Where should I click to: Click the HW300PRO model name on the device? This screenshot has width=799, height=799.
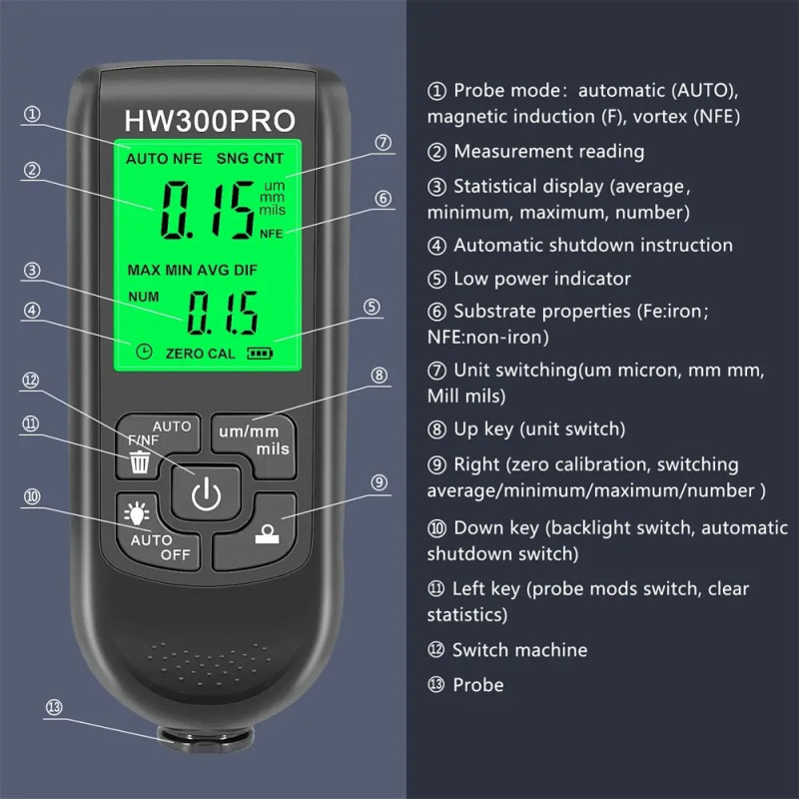pos(210,121)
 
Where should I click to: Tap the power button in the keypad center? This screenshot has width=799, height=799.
pos(205,493)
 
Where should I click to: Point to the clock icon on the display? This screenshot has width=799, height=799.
pos(145,352)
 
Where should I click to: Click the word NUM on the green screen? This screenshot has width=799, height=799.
pos(143,297)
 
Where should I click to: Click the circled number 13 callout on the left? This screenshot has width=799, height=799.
pos(54,707)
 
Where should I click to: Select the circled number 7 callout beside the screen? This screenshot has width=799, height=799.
pos(383,142)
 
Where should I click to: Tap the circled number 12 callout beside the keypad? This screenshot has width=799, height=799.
pos(32,379)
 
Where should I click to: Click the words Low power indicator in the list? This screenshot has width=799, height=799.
pos(542,279)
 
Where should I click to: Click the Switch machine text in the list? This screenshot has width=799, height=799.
pos(519,650)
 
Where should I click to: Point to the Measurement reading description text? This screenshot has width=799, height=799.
pos(548,152)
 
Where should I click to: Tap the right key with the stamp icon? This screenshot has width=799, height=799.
pos(268,530)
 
